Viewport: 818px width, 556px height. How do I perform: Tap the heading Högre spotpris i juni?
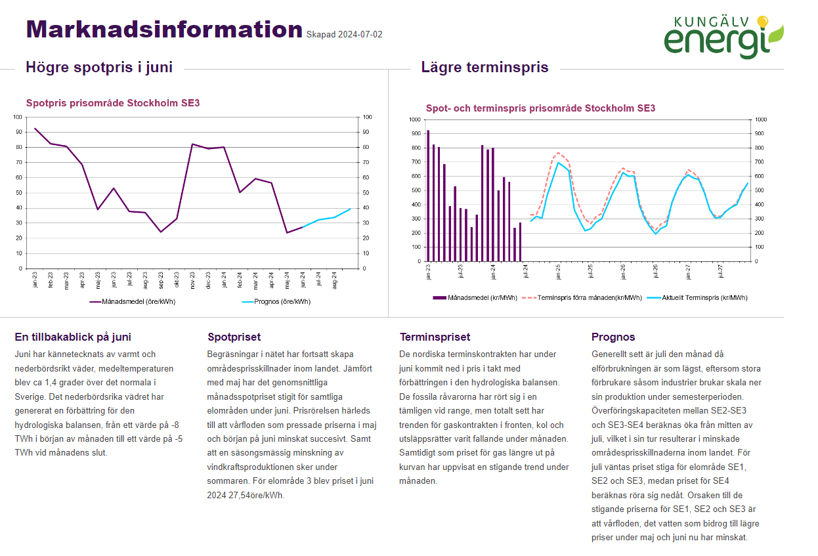pyautogui.click(x=98, y=67)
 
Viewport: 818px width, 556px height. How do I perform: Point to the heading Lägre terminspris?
pyautogui.click(x=484, y=67)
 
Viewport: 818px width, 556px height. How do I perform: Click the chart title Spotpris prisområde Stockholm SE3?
pyautogui.click(x=112, y=103)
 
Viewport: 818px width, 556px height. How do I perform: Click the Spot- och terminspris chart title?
pyautogui.click(x=540, y=108)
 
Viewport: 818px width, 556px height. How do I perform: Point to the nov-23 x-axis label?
pyautogui.click(x=192, y=280)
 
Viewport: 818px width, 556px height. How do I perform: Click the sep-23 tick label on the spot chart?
pyautogui.click(x=161, y=280)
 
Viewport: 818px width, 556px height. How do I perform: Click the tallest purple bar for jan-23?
pyautogui.click(x=428, y=196)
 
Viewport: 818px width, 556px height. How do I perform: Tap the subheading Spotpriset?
pyautogui.click(x=234, y=337)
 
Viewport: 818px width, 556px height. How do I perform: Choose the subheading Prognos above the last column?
pyautogui.click(x=613, y=337)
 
